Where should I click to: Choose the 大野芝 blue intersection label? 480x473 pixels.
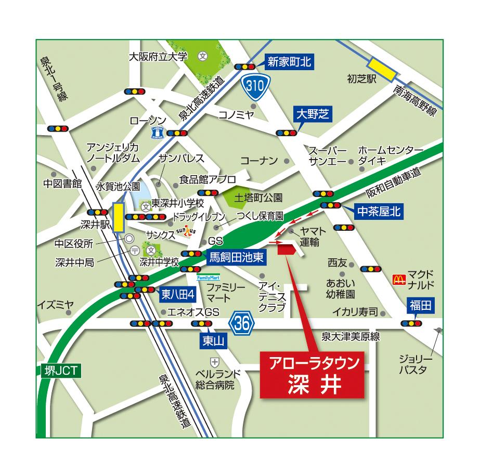coord(311,114)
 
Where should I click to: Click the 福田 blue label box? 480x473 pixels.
coord(420,306)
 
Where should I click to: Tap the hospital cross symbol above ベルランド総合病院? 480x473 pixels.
coord(214,361)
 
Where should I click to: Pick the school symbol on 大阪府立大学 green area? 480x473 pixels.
coord(203,56)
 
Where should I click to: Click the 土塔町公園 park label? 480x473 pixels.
coord(258,198)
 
